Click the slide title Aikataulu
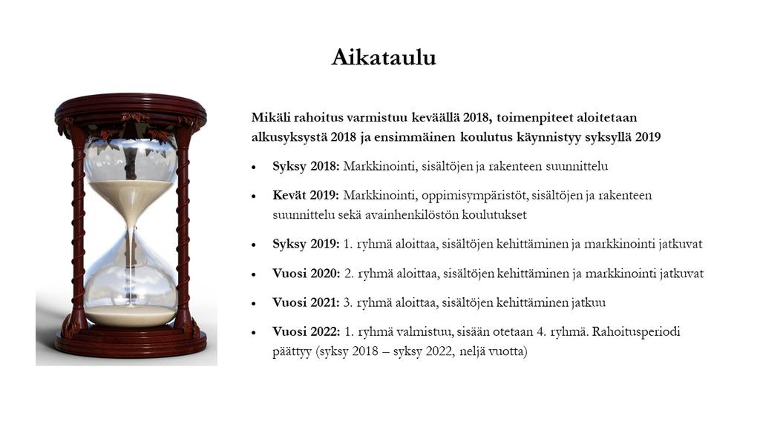[x=384, y=57]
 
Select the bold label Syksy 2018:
[x=306, y=167]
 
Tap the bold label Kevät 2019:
[x=305, y=196]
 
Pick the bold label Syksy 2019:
[x=306, y=244]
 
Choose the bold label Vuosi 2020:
[x=307, y=274]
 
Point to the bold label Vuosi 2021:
[x=306, y=302]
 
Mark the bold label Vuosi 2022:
[x=307, y=331]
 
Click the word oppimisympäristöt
[x=474, y=196]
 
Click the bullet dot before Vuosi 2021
[x=254, y=304]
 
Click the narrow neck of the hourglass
[x=131, y=225]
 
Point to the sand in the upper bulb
[x=131, y=193]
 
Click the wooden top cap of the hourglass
[x=131, y=107]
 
